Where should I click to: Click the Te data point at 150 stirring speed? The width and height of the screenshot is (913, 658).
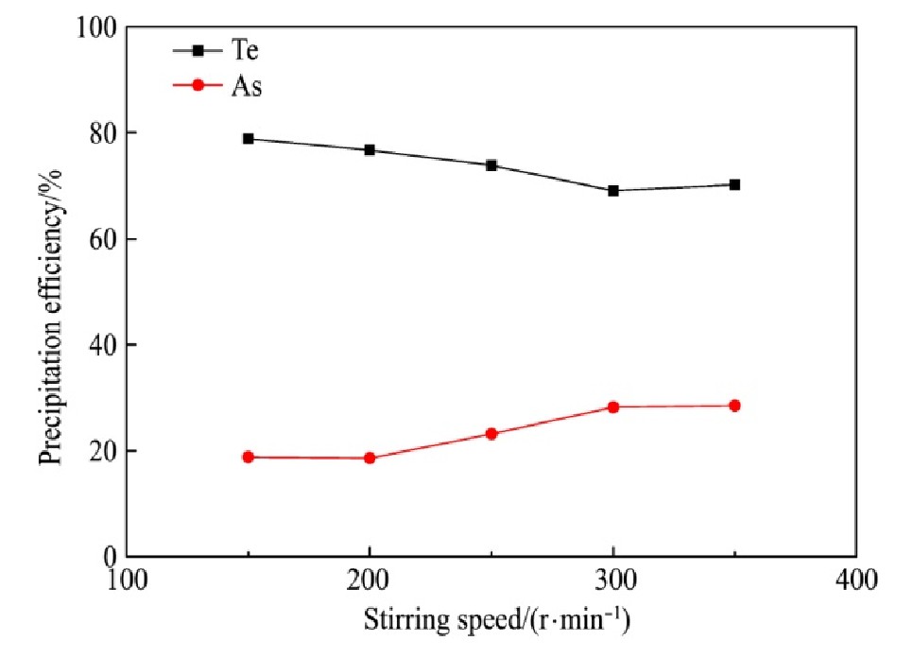click(x=249, y=139)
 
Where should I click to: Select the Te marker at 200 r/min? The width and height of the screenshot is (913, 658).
click(x=370, y=150)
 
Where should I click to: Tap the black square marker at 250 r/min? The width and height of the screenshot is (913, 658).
click(x=491, y=165)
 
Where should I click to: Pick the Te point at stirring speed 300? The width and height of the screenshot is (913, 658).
click(x=613, y=191)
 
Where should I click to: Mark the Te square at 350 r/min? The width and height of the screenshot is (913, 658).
click(x=734, y=185)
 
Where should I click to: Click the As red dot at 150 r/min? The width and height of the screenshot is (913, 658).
click(x=249, y=457)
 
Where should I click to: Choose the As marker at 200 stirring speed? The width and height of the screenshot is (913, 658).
click(x=370, y=459)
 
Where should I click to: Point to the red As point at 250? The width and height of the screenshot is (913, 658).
click(x=491, y=434)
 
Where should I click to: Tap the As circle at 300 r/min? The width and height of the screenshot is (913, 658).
click(x=613, y=407)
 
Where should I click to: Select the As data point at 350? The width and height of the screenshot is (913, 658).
click(x=734, y=406)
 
